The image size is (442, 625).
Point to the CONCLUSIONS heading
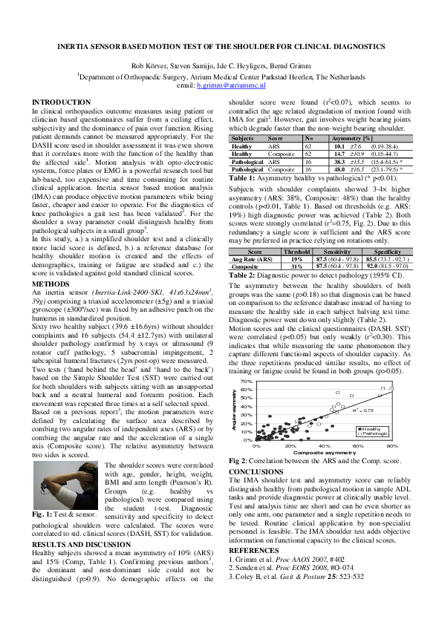coord(256,471)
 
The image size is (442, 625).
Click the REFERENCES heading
coord(253,550)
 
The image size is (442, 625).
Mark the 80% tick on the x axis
coord(392,446)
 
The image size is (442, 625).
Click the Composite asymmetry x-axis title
coord(324,453)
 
